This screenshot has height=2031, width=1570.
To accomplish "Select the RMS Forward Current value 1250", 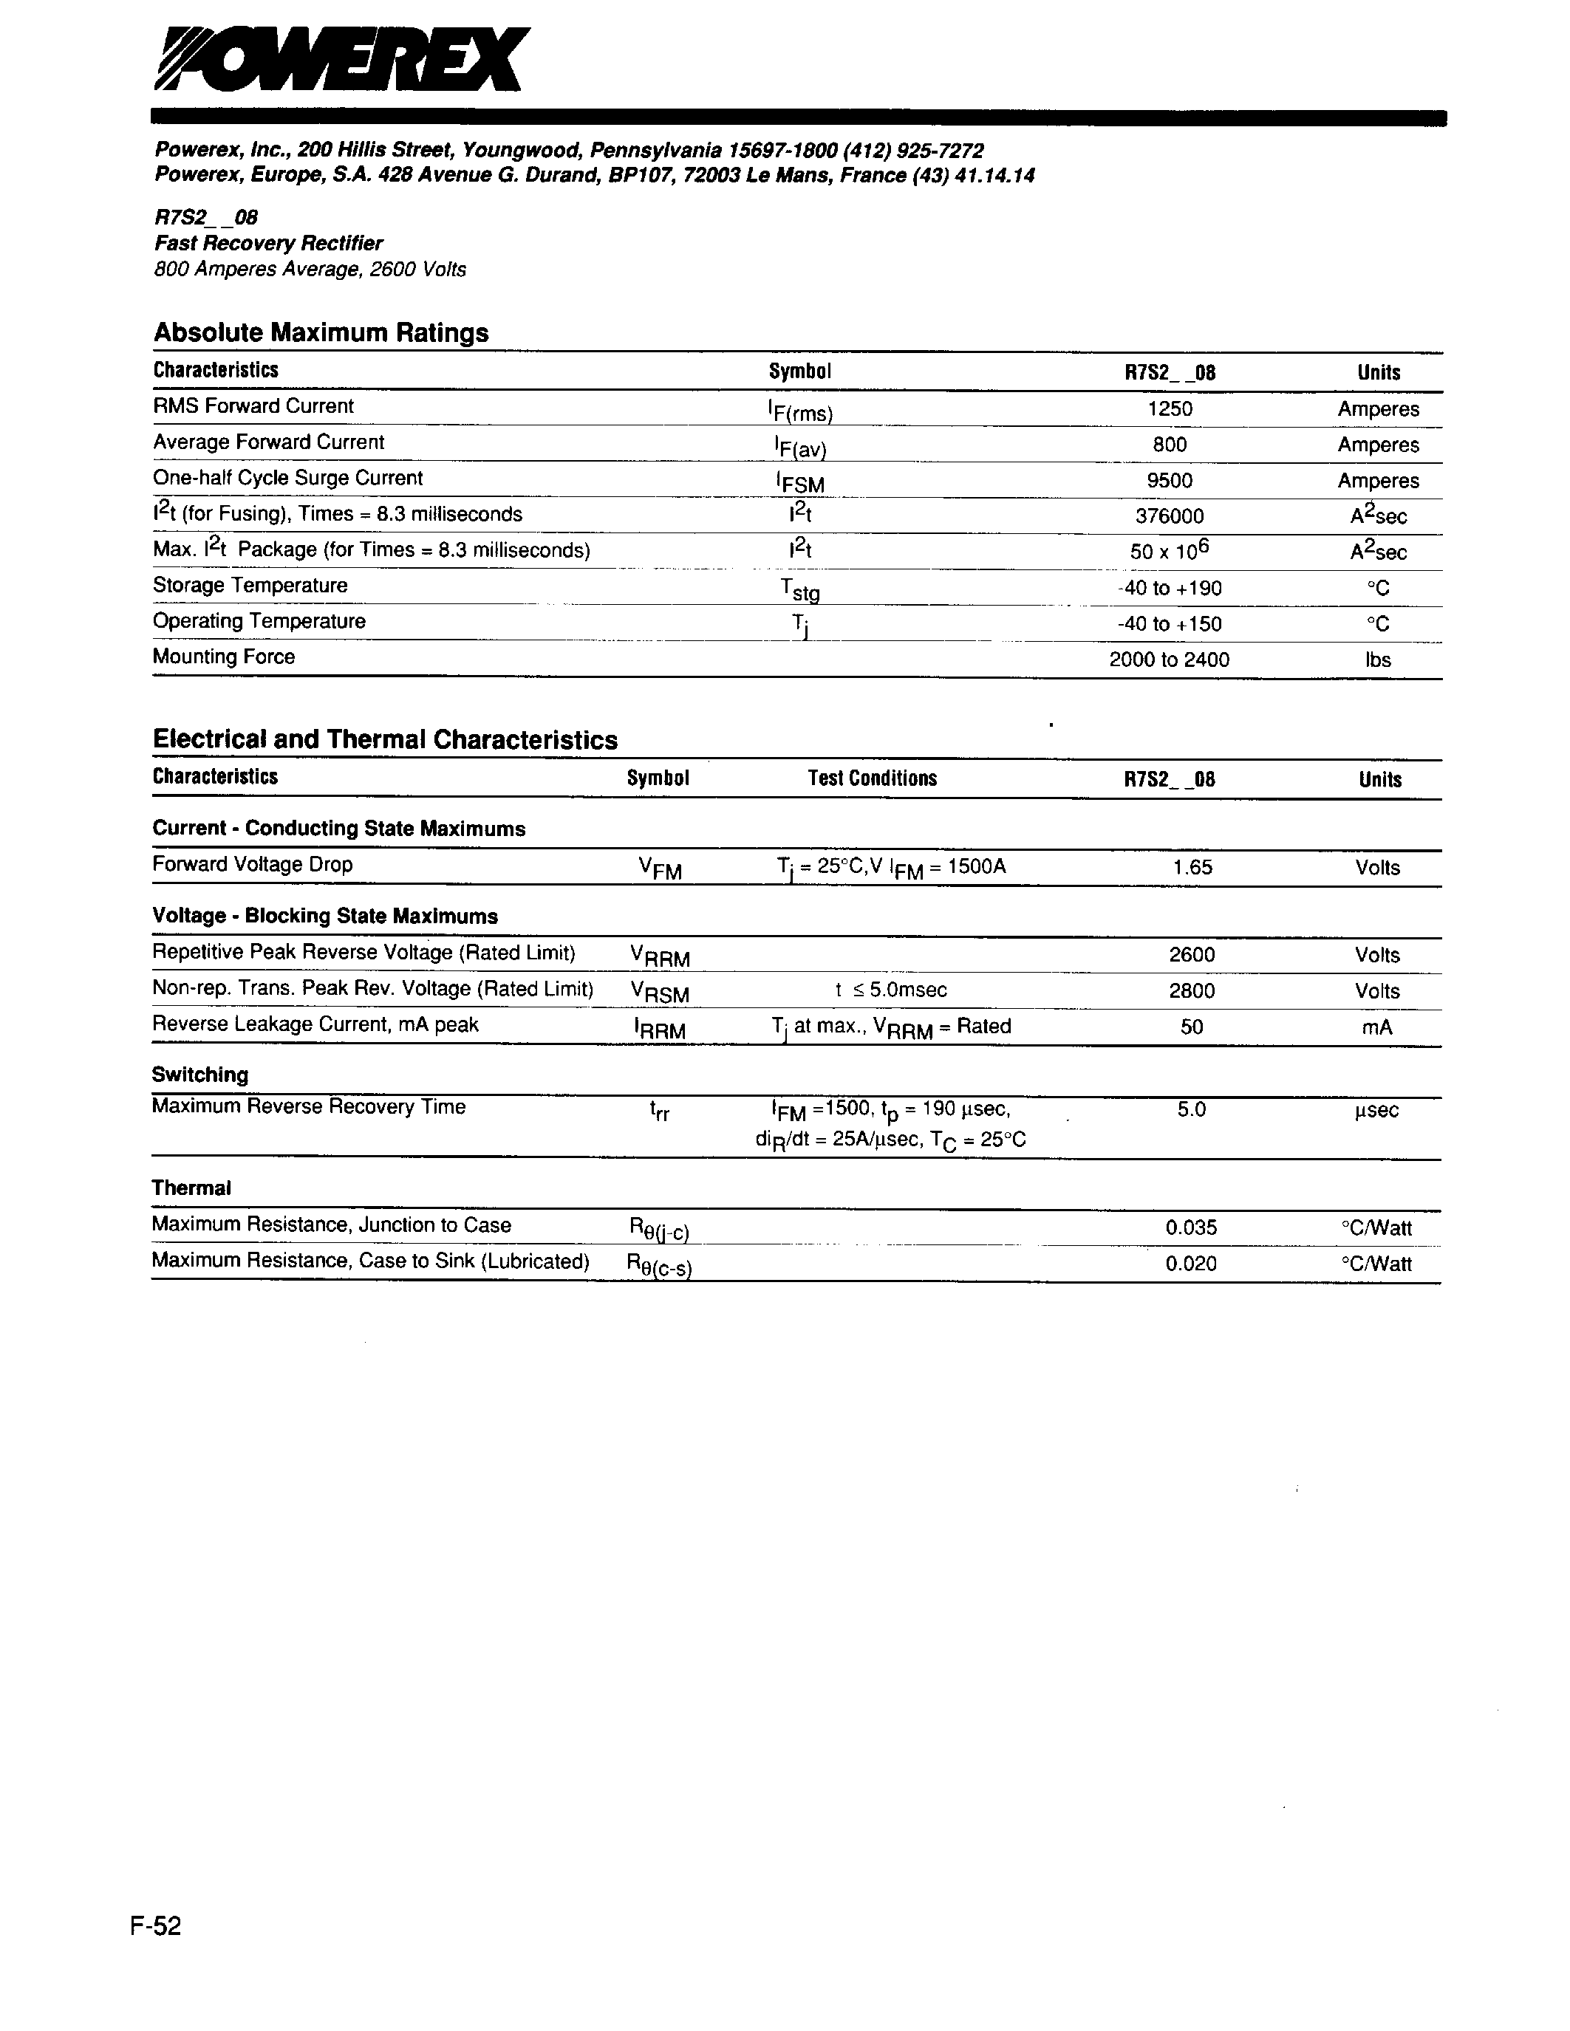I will click(x=1169, y=409).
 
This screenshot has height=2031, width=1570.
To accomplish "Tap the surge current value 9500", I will click(x=1169, y=481).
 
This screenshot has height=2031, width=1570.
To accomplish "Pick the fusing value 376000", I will click(x=1169, y=516).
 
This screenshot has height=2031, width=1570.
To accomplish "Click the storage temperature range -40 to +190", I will click(x=1169, y=589).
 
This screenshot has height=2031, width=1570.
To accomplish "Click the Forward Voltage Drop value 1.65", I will click(x=1192, y=868).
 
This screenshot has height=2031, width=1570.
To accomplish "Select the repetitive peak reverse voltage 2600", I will click(x=1192, y=955).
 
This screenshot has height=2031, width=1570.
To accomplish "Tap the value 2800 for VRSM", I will click(x=1192, y=991).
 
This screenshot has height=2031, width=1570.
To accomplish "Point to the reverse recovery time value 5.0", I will click(x=1192, y=1109).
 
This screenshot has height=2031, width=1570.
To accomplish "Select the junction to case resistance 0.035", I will click(x=1192, y=1228).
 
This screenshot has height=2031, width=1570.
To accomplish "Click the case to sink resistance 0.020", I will click(x=1192, y=1264).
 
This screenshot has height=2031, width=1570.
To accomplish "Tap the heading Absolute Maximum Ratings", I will click(x=321, y=333).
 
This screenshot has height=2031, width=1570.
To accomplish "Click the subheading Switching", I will click(x=200, y=1075).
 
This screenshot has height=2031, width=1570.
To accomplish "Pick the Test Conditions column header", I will click(x=873, y=778).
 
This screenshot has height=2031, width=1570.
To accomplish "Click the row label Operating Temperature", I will click(x=259, y=621).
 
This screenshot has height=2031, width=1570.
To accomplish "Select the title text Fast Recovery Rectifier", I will click(x=268, y=244).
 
